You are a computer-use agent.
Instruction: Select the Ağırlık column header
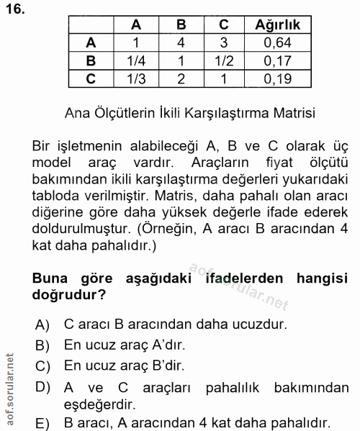278,25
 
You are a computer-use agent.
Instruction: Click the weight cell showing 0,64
278,42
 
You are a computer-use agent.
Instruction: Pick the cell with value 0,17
278,60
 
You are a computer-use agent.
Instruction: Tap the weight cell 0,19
278,78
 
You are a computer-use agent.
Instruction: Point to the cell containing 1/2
224,60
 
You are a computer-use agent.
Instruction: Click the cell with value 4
181,42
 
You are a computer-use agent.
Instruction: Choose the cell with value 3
224,42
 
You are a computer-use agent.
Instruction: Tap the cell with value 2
181,78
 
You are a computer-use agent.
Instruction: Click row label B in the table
90,60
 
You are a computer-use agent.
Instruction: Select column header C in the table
224,25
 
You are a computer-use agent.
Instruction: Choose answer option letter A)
42,325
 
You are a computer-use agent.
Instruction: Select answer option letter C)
42,365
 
